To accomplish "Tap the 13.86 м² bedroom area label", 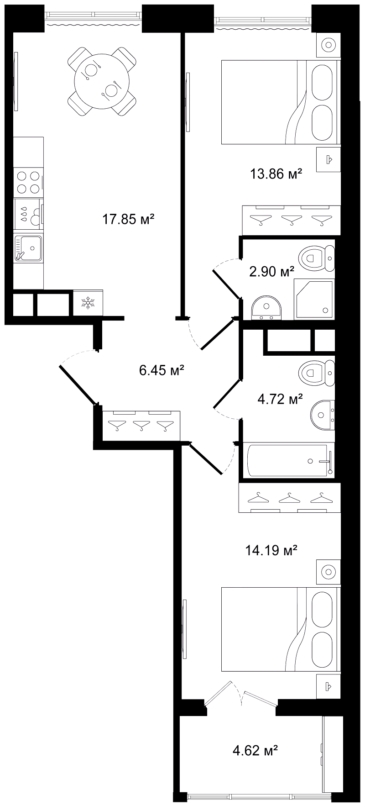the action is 276,174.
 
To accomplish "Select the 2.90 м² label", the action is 271,272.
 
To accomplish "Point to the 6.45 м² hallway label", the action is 162,369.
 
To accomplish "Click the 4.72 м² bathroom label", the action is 281,400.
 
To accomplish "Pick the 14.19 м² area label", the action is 271,551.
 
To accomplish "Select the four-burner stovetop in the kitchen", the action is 28,182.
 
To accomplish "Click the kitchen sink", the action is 28,248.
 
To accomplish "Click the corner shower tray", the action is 315,299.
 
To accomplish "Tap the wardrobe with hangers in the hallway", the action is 141,426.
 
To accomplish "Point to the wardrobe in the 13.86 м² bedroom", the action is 291,219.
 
